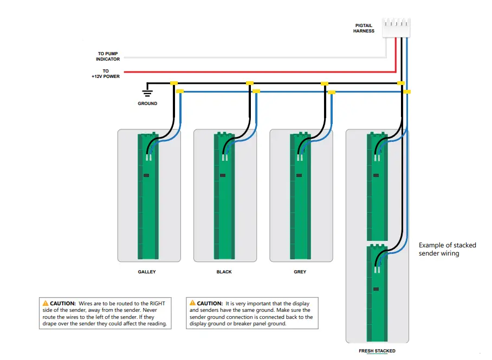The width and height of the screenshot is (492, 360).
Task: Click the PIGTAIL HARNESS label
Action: point(364,28)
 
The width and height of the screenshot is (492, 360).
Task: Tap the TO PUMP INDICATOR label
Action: point(108,56)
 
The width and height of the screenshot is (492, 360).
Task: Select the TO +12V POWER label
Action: point(106,74)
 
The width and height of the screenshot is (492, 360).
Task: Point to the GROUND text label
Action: point(147,103)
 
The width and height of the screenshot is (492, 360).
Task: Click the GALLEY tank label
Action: point(147,272)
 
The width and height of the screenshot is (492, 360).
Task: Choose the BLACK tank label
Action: point(224,272)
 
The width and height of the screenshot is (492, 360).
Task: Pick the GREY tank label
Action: point(300,272)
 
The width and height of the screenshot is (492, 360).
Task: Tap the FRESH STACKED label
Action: point(377,351)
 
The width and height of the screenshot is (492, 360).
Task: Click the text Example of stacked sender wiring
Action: point(447,249)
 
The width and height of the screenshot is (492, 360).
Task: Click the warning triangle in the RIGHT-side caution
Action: point(46,304)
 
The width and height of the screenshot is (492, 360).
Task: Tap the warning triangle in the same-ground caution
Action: point(192,304)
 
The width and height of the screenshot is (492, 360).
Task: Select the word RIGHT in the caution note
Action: point(158,304)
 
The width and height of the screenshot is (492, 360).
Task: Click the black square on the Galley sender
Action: point(146,175)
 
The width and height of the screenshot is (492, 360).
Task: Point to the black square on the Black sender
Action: point(222,175)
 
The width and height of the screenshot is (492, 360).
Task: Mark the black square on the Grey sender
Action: point(298,175)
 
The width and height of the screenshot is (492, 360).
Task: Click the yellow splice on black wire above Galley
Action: point(173,83)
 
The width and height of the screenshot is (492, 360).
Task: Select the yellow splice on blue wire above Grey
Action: point(332,92)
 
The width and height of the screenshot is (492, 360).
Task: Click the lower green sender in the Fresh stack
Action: point(377,292)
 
